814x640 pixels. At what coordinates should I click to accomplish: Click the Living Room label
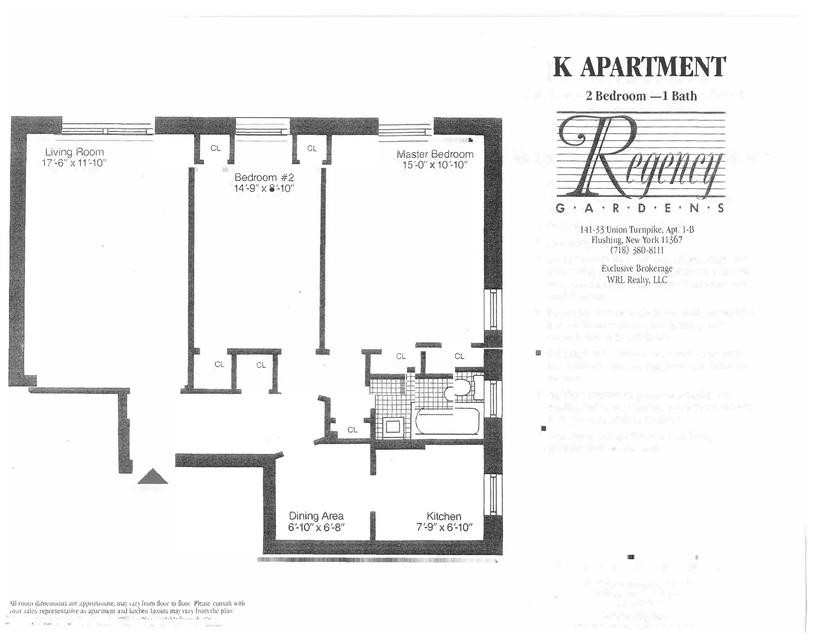point(75,152)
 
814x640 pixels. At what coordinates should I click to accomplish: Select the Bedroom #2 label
point(264,177)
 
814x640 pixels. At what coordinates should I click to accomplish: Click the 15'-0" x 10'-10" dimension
point(435,165)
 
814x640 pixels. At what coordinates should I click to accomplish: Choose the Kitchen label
point(444,516)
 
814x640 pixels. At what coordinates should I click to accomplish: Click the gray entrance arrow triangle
point(153,477)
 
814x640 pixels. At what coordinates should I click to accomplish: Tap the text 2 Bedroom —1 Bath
point(641,96)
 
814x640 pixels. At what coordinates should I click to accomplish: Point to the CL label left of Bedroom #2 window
point(215,148)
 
